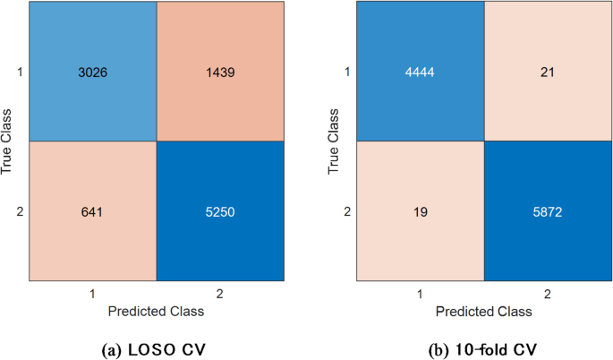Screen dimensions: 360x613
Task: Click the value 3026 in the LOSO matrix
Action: click(x=91, y=72)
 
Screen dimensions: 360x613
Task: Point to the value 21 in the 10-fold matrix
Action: click(x=549, y=72)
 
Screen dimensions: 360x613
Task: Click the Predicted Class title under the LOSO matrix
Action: click(x=157, y=312)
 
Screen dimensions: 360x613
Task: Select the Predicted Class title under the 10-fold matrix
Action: click(x=484, y=312)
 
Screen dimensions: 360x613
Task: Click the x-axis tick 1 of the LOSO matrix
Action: click(x=91, y=294)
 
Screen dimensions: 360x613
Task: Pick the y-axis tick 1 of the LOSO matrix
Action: click(x=19, y=72)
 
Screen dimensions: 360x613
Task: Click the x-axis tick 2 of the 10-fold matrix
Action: click(x=549, y=294)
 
